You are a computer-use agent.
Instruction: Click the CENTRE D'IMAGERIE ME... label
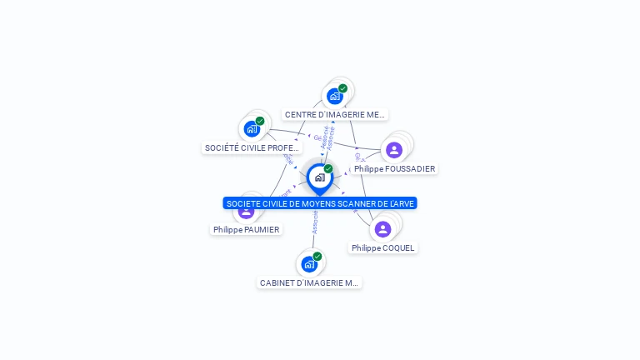[x=335, y=115]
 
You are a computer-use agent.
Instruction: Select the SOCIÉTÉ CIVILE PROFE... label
[x=252, y=148]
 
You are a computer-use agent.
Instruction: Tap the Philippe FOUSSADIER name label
[x=394, y=168]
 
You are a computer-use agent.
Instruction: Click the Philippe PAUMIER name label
[x=246, y=229]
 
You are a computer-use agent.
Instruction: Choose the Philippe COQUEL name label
[x=382, y=247]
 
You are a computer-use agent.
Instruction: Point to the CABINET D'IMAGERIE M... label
[x=309, y=282]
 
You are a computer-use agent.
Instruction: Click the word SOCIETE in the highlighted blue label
[x=242, y=203]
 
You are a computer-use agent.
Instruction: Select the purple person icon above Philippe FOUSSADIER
[x=394, y=150]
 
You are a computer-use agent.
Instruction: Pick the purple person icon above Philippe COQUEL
[x=383, y=229]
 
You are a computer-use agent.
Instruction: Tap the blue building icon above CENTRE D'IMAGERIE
[x=335, y=96]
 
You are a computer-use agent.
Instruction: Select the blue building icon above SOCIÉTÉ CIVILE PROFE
[x=252, y=129]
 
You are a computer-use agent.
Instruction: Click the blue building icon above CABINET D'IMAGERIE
[x=309, y=264]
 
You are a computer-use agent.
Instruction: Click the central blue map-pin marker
[x=319, y=177]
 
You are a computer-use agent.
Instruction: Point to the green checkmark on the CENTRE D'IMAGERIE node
[x=342, y=88]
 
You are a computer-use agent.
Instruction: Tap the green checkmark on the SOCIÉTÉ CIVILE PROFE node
[x=260, y=121]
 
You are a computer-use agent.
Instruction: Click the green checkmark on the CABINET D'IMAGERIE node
[x=317, y=257]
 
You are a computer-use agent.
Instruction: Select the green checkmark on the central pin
[x=328, y=168]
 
